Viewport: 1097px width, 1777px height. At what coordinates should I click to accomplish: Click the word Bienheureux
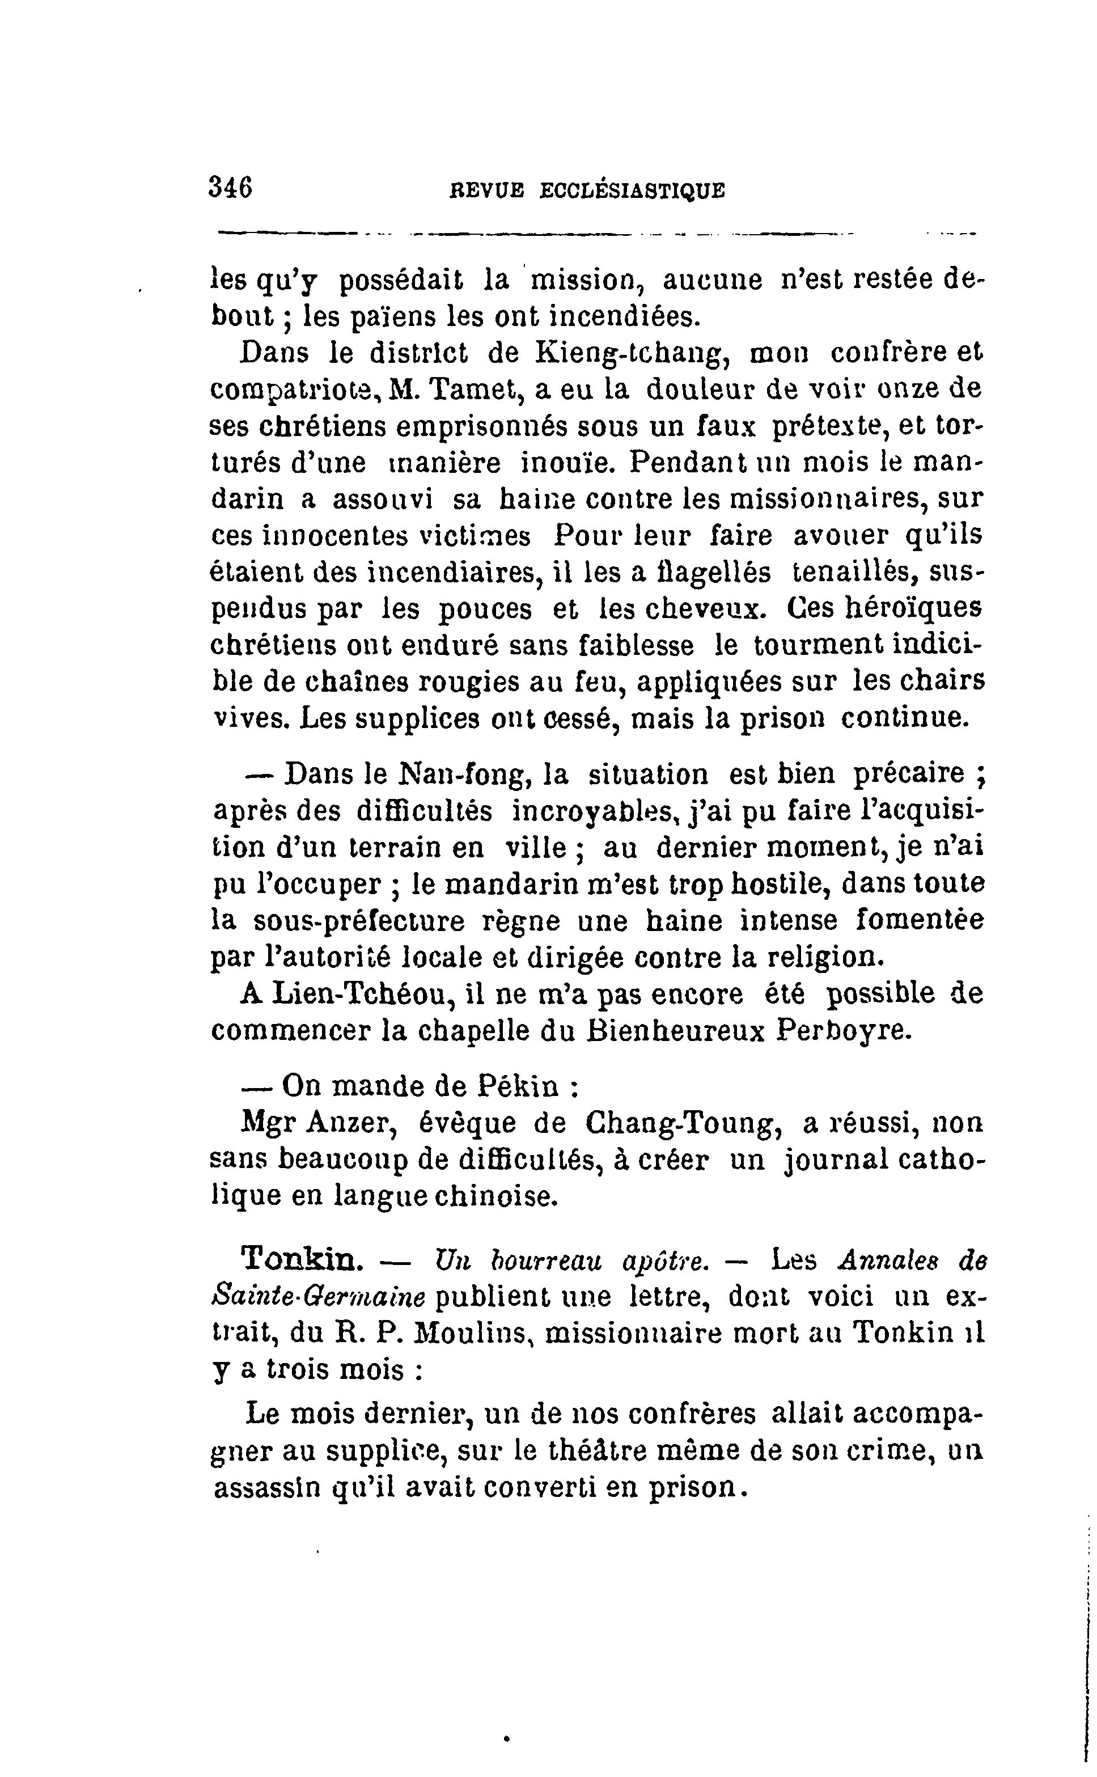(x=675, y=1031)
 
